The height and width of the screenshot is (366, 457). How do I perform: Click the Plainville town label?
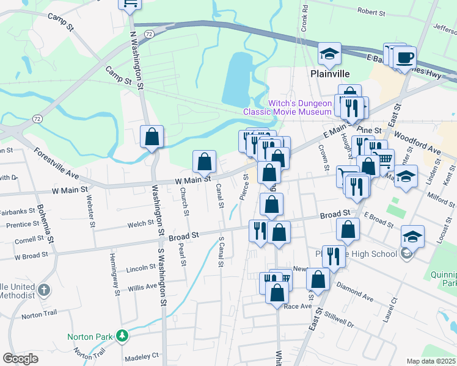pyautogui.click(x=329, y=73)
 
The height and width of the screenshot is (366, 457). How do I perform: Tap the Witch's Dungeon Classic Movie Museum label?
pyautogui.click(x=287, y=107)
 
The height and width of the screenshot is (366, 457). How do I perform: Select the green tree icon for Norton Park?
pyautogui.click(x=122, y=336)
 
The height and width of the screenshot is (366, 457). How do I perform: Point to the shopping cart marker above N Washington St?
pyautogui.click(x=129, y=4)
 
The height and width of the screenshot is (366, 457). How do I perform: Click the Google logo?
pyautogui.click(x=20, y=359)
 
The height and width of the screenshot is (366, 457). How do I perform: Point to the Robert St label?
pyautogui.click(x=371, y=12)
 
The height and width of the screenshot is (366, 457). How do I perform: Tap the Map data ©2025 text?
pyautogui.click(x=431, y=361)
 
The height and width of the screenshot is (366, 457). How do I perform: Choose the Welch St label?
pyautogui.click(x=141, y=224)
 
